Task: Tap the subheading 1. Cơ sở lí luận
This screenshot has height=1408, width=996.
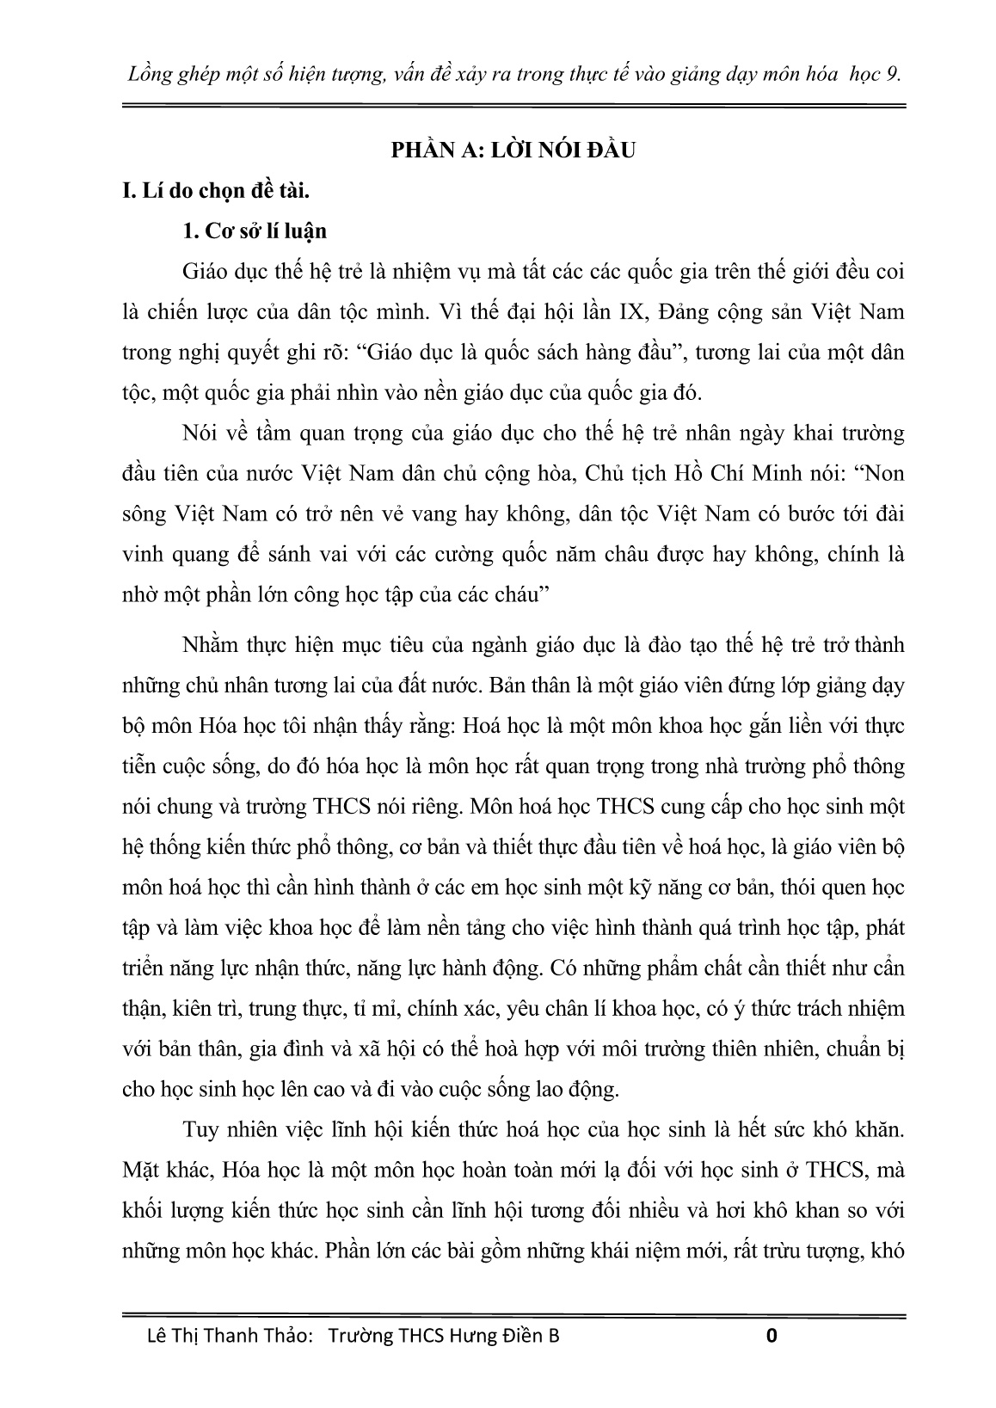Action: (x=255, y=231)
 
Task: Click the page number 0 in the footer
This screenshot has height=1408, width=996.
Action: (x=772, y=1336)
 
